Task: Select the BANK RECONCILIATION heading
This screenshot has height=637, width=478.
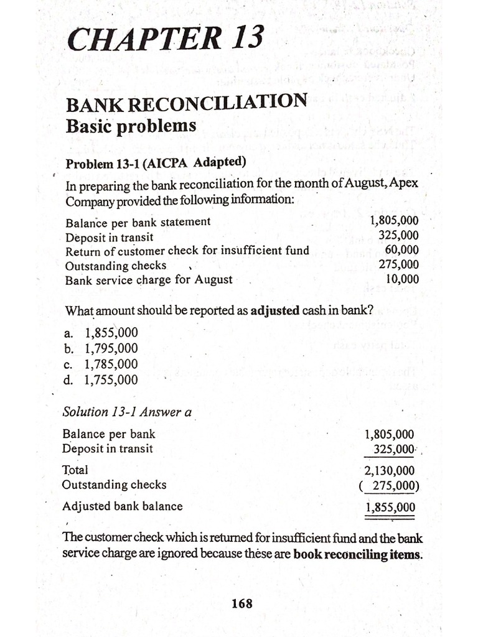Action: (x=186, y=103)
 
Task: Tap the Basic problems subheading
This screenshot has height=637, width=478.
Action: (x=131, y=126)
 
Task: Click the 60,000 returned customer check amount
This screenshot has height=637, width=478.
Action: (x=401, y=250)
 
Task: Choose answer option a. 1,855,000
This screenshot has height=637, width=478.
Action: (x=101, y=333)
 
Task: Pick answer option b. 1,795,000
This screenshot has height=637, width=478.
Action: (x=101, y=348)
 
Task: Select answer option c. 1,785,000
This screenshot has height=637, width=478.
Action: (x=101, y=364)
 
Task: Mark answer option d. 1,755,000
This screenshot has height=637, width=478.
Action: (x=101, y=379)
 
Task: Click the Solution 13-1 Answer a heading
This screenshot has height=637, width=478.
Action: (x=127, y=412)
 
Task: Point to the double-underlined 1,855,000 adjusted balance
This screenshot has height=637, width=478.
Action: (x=390, y=507)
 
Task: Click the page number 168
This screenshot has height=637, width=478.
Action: (x=241, y=603)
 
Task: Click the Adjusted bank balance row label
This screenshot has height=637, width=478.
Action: (x=123, y=506)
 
